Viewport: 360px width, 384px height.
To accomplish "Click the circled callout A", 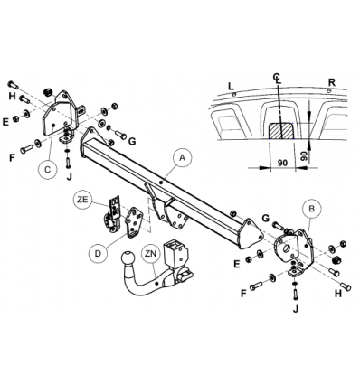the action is (x=182, y=158).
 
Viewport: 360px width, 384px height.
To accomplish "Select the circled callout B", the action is (x=312, y=209).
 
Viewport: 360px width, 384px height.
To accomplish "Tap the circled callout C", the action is (x=48, y=170).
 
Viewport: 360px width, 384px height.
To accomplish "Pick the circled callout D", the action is (x=99, y=253).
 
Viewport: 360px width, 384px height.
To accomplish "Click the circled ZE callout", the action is (x=82, y=200).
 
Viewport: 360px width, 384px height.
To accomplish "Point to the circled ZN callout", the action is (x=150, y=254).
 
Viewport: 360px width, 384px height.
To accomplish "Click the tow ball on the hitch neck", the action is (x=128, y=258).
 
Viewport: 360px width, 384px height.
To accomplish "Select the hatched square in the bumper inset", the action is (x=281, y=131).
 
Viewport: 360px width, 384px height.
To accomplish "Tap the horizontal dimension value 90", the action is (x=282, y=163).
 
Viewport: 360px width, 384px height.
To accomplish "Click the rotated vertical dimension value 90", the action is (x=304, y=155).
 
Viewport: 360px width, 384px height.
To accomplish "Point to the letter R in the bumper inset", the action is (x=332, y=82).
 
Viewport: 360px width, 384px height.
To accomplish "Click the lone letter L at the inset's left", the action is (x=231, y=87).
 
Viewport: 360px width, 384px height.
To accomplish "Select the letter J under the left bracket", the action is (x=70, y=176).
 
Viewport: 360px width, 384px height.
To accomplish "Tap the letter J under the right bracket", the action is (x=296, y=308).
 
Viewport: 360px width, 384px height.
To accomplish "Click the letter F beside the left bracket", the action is (x=12, y=157).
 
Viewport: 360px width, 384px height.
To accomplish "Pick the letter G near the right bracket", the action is (x=266, y=218).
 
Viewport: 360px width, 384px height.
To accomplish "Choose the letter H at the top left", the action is (x=12, y=97).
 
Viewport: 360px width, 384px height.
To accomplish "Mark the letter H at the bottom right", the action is (x=338, y=294).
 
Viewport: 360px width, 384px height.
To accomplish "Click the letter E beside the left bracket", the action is (x=5, y=122).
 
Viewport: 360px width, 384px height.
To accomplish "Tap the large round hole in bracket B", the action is (x=286, y=248).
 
